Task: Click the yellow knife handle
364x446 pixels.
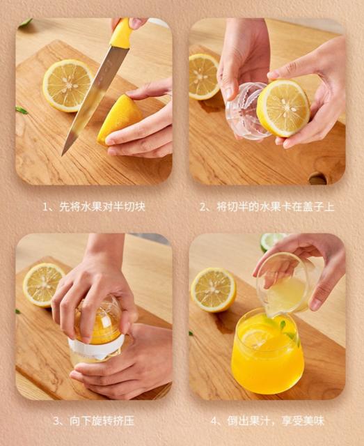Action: tap(121, 33)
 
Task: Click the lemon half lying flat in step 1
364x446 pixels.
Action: tap(68, 86)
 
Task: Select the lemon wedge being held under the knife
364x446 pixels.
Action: tap(119, 119)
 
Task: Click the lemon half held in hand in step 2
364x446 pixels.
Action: tap(283, 109)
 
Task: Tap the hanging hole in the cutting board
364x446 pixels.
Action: tap(318, 179)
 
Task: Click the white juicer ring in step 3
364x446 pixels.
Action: tap(96, 346)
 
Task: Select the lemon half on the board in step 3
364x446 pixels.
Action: tap(43, 285)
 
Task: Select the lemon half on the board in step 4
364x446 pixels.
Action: tap(214, 290)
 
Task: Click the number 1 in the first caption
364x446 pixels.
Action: tap(45, 207)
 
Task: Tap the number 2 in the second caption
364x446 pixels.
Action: tap(203, 207)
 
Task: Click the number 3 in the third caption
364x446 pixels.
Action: tap(56, 421)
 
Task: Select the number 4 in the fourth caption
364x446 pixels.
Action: tap(214, 421)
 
